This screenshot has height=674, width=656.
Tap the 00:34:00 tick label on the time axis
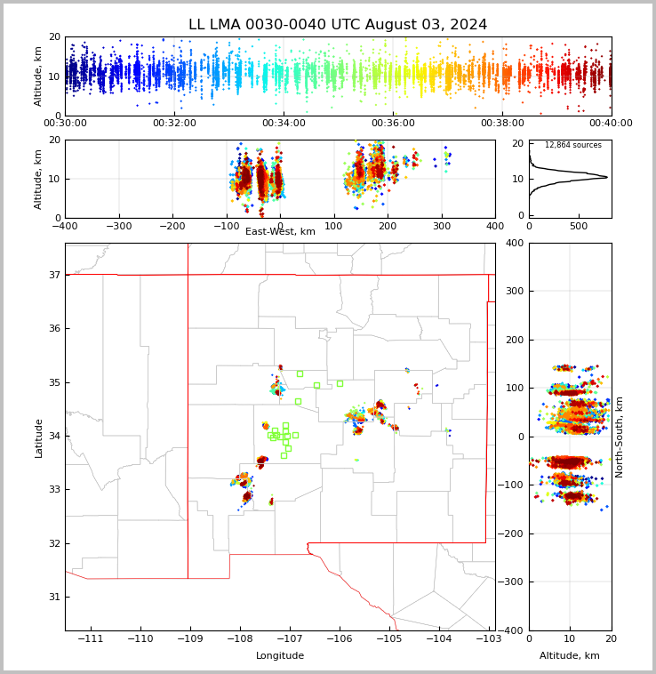pyautogui.click(x=284, y=124)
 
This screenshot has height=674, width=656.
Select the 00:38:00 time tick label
pyautogui.click(x=502, y=124)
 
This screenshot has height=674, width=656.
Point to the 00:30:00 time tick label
pyautogui.click(x=65, y=124)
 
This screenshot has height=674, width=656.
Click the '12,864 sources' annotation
pyautogui.click(x=572, y=145)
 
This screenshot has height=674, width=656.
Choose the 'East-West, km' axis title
pyautogui.click(x=280, y=232)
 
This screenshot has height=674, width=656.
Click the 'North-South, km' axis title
pyautogui.click(x=620, y=437)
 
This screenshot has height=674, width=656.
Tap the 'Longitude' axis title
pyautogui.click(x=280, y=656)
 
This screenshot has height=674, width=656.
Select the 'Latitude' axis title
pyautogui.click(x=39, y=437)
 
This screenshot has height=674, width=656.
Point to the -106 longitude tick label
pyautogui.click(x=339, y=639)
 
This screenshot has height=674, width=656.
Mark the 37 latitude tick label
pyautogui.click(x=54, y=276)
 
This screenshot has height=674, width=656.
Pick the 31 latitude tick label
pyautogui.click(x=54, y=597)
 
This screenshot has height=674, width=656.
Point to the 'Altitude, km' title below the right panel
pyautogui.click(x=570, y=656)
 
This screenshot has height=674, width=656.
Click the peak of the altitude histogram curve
pyautogui.click(x=607, y=177)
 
